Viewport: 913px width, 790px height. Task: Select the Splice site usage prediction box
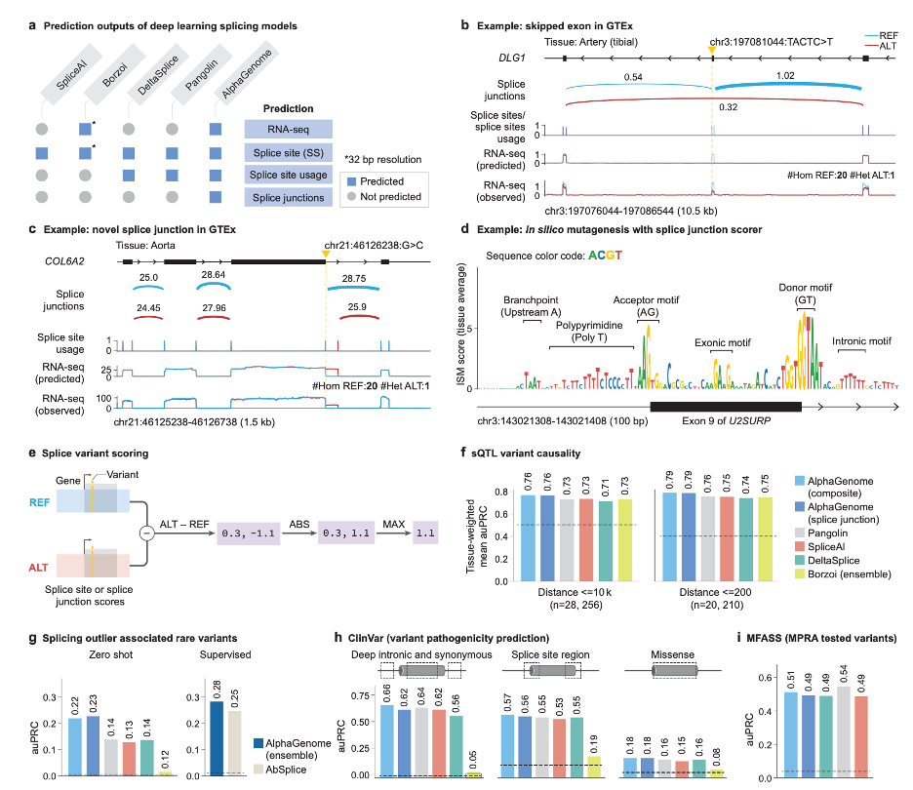click(x=289, y=175)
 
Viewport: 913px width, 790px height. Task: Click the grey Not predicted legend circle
click(x=353, y=196)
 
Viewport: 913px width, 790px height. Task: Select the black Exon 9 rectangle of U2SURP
click(x=725, y=405)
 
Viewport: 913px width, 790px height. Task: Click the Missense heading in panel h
click(x=674, y=656)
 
